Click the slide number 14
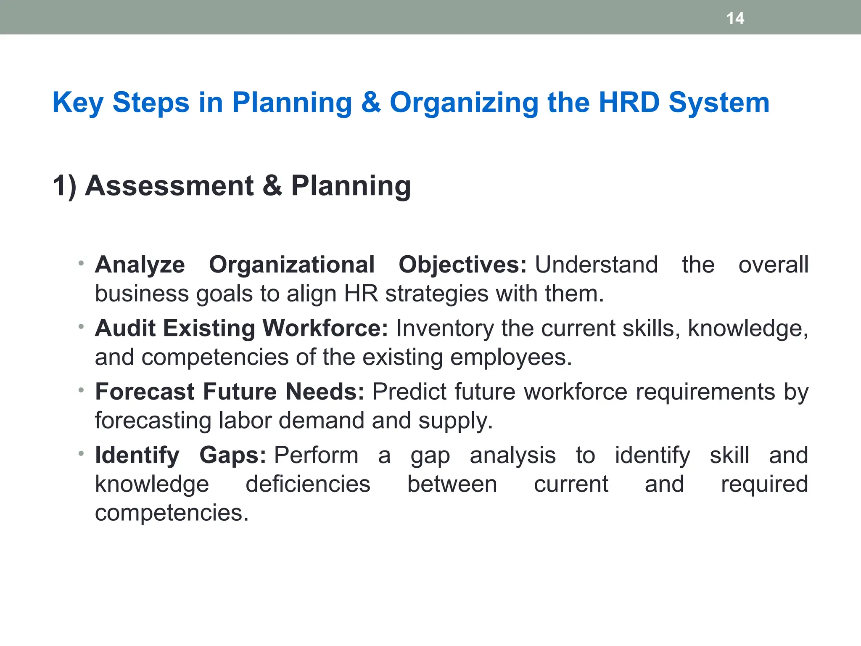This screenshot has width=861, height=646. click(x=735, y=18)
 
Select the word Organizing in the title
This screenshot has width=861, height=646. click(x=464, y=103)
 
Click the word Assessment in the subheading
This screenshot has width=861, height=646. click(x=169, y=185)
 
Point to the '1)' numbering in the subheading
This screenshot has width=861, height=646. click(x=64, y=186)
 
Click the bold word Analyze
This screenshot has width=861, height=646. click(x=140, y=265)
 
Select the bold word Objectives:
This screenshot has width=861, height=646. click(x=462, y=265)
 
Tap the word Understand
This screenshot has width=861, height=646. click(x=596, y=265)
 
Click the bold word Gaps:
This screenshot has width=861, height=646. click(x=232, y=455)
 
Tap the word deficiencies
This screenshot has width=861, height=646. click(x=308, y=484)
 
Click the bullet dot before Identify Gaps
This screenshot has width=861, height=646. click(x=81, y=453)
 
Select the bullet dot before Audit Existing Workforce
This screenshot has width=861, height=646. click(x=81, y=326)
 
